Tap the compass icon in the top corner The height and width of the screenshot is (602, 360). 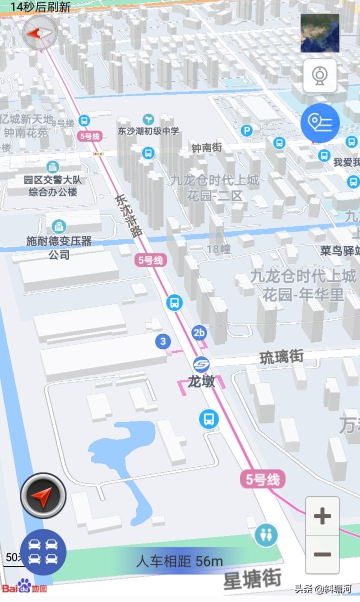pyautogui.click(x=40, y=33)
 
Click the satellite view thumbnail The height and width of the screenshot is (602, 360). pyautogui.click(x=320, y=33)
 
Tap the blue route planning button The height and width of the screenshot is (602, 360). pyautogui.click(x=320, y=122)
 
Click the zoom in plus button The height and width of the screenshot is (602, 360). pyautogui.click(x=322, y=516)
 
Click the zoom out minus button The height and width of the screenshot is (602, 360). pyautogui.click(x=322, y=554)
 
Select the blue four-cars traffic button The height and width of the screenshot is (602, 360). pyautogui.click(x=43, y=551)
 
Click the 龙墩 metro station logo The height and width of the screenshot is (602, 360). pyautogui.click(x=201, y=364)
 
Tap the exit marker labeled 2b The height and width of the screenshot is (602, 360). pyautogui.click(x=199, y=332)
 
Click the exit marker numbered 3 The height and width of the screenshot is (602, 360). pyautogui.click(x=162, y=342)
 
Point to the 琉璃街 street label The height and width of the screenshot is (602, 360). pyautogui.click(x=281, y=357)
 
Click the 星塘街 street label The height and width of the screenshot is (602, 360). pyautogui.click(x=252, y=580)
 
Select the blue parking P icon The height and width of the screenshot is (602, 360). pyautogui.click(x=246, y=131)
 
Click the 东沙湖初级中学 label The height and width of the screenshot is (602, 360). pyautogui.click(x=148, y=131)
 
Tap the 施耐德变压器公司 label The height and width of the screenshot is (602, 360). pyautogui.click(x=59, y=247)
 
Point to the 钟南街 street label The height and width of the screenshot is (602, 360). pyautogui.click(x=206, y=148)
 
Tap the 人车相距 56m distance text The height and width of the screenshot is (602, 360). pyautogui.click(x=179, y=561)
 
